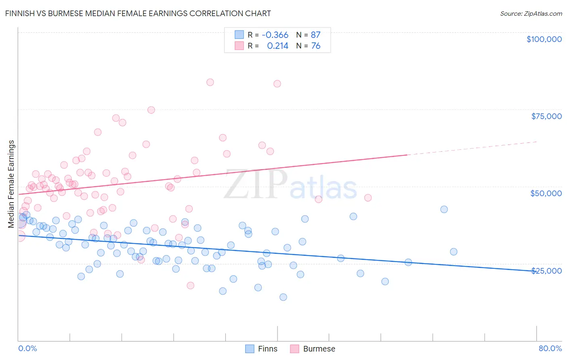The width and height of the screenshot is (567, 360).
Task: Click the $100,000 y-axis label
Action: [544, 39]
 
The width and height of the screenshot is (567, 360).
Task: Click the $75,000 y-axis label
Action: [546, 116]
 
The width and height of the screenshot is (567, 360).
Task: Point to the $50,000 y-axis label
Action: [546, 193]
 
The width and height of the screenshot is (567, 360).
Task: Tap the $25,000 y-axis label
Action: [546, 270]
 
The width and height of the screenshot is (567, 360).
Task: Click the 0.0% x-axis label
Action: [27, 348]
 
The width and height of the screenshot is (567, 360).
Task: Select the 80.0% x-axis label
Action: [550, 348]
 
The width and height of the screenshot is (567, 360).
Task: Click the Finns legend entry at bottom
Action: [261, 349]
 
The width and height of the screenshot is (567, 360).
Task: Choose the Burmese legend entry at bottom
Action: [313, 349]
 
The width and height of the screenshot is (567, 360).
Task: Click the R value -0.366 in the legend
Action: [275, 35]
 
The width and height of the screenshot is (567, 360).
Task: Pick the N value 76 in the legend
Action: [316, 46]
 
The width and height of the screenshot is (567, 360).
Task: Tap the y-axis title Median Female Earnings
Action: [11, 184]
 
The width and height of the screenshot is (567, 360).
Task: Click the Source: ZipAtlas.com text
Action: [531, 13]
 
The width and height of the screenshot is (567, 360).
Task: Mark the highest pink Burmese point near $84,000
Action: [210, 82]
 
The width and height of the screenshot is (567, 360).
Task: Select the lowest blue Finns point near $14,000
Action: [283, 297]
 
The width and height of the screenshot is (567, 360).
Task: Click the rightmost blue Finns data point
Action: [454, 252]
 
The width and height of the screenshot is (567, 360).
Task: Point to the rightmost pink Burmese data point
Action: [368, 198]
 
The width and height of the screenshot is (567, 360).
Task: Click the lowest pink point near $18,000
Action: [191, 285]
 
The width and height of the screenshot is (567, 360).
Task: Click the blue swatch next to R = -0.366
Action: [239, 35]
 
